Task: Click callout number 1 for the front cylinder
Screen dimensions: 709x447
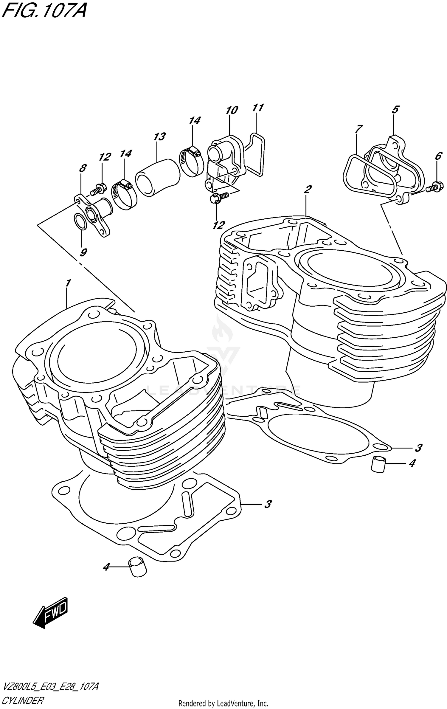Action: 69,283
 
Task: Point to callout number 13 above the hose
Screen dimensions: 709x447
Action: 159,137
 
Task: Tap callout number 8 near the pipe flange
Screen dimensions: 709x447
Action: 83,168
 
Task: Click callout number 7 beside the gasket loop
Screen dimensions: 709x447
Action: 358,129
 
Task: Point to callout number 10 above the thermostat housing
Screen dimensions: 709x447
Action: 232,110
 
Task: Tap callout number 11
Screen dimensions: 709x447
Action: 258,108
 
